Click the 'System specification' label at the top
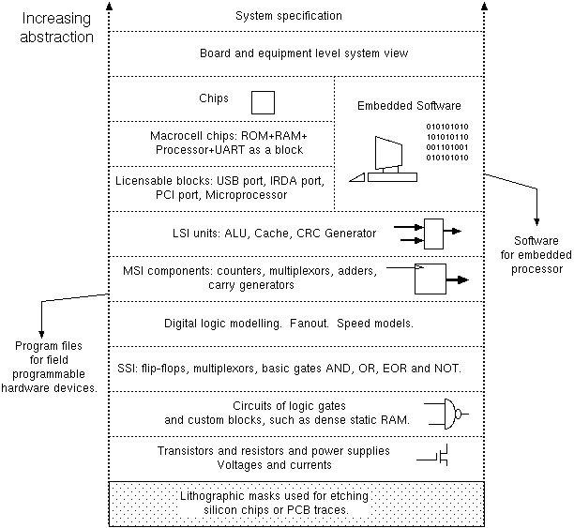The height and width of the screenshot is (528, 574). point(288,16)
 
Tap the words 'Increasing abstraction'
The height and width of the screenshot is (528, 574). point(56,27)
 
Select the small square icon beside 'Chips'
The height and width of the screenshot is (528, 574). point(264,100)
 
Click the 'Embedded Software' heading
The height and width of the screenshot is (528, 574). point(408,105)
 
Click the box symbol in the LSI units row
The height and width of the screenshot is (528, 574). point(434,234)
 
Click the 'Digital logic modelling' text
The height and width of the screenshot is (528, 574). point(224,323)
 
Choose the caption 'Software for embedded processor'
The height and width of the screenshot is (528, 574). point(536,253)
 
